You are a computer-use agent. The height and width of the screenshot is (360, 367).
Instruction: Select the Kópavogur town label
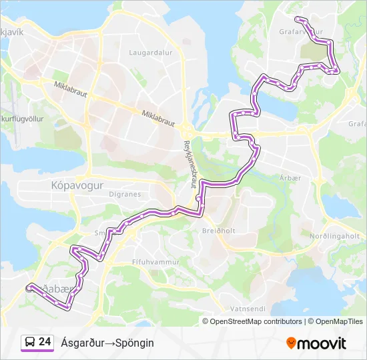click(77, 186)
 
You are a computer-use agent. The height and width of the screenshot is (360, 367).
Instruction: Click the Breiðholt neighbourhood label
click(216, 230)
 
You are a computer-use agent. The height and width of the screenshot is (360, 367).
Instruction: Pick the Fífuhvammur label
click(156, 262)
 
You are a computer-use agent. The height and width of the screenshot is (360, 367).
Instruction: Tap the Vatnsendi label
click(248, 309)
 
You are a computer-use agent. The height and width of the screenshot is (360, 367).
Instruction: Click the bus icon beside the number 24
click(29, 342)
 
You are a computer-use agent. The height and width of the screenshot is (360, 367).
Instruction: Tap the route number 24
click(45, 342)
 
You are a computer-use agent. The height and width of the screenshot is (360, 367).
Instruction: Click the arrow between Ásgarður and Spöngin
click(109, 343)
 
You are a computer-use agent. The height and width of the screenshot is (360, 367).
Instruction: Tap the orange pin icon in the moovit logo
click(291, 343)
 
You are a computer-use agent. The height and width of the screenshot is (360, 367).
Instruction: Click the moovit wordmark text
click(322, 343)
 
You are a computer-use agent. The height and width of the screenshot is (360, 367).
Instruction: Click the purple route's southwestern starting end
click(29, 288)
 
